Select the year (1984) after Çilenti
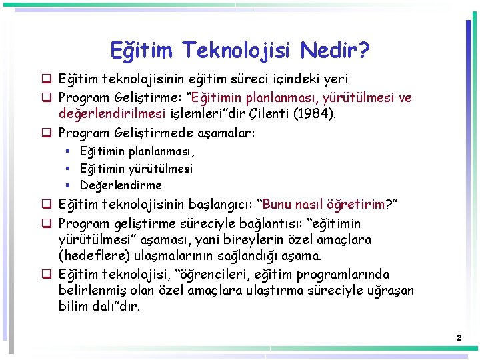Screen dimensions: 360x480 (316, 114)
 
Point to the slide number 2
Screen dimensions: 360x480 (459, 338)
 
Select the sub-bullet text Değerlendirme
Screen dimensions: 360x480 (121, 185)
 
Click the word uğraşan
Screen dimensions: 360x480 (389, 291)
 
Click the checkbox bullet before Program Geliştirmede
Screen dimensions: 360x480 (48, 133)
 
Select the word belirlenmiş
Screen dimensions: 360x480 (98, 291)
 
